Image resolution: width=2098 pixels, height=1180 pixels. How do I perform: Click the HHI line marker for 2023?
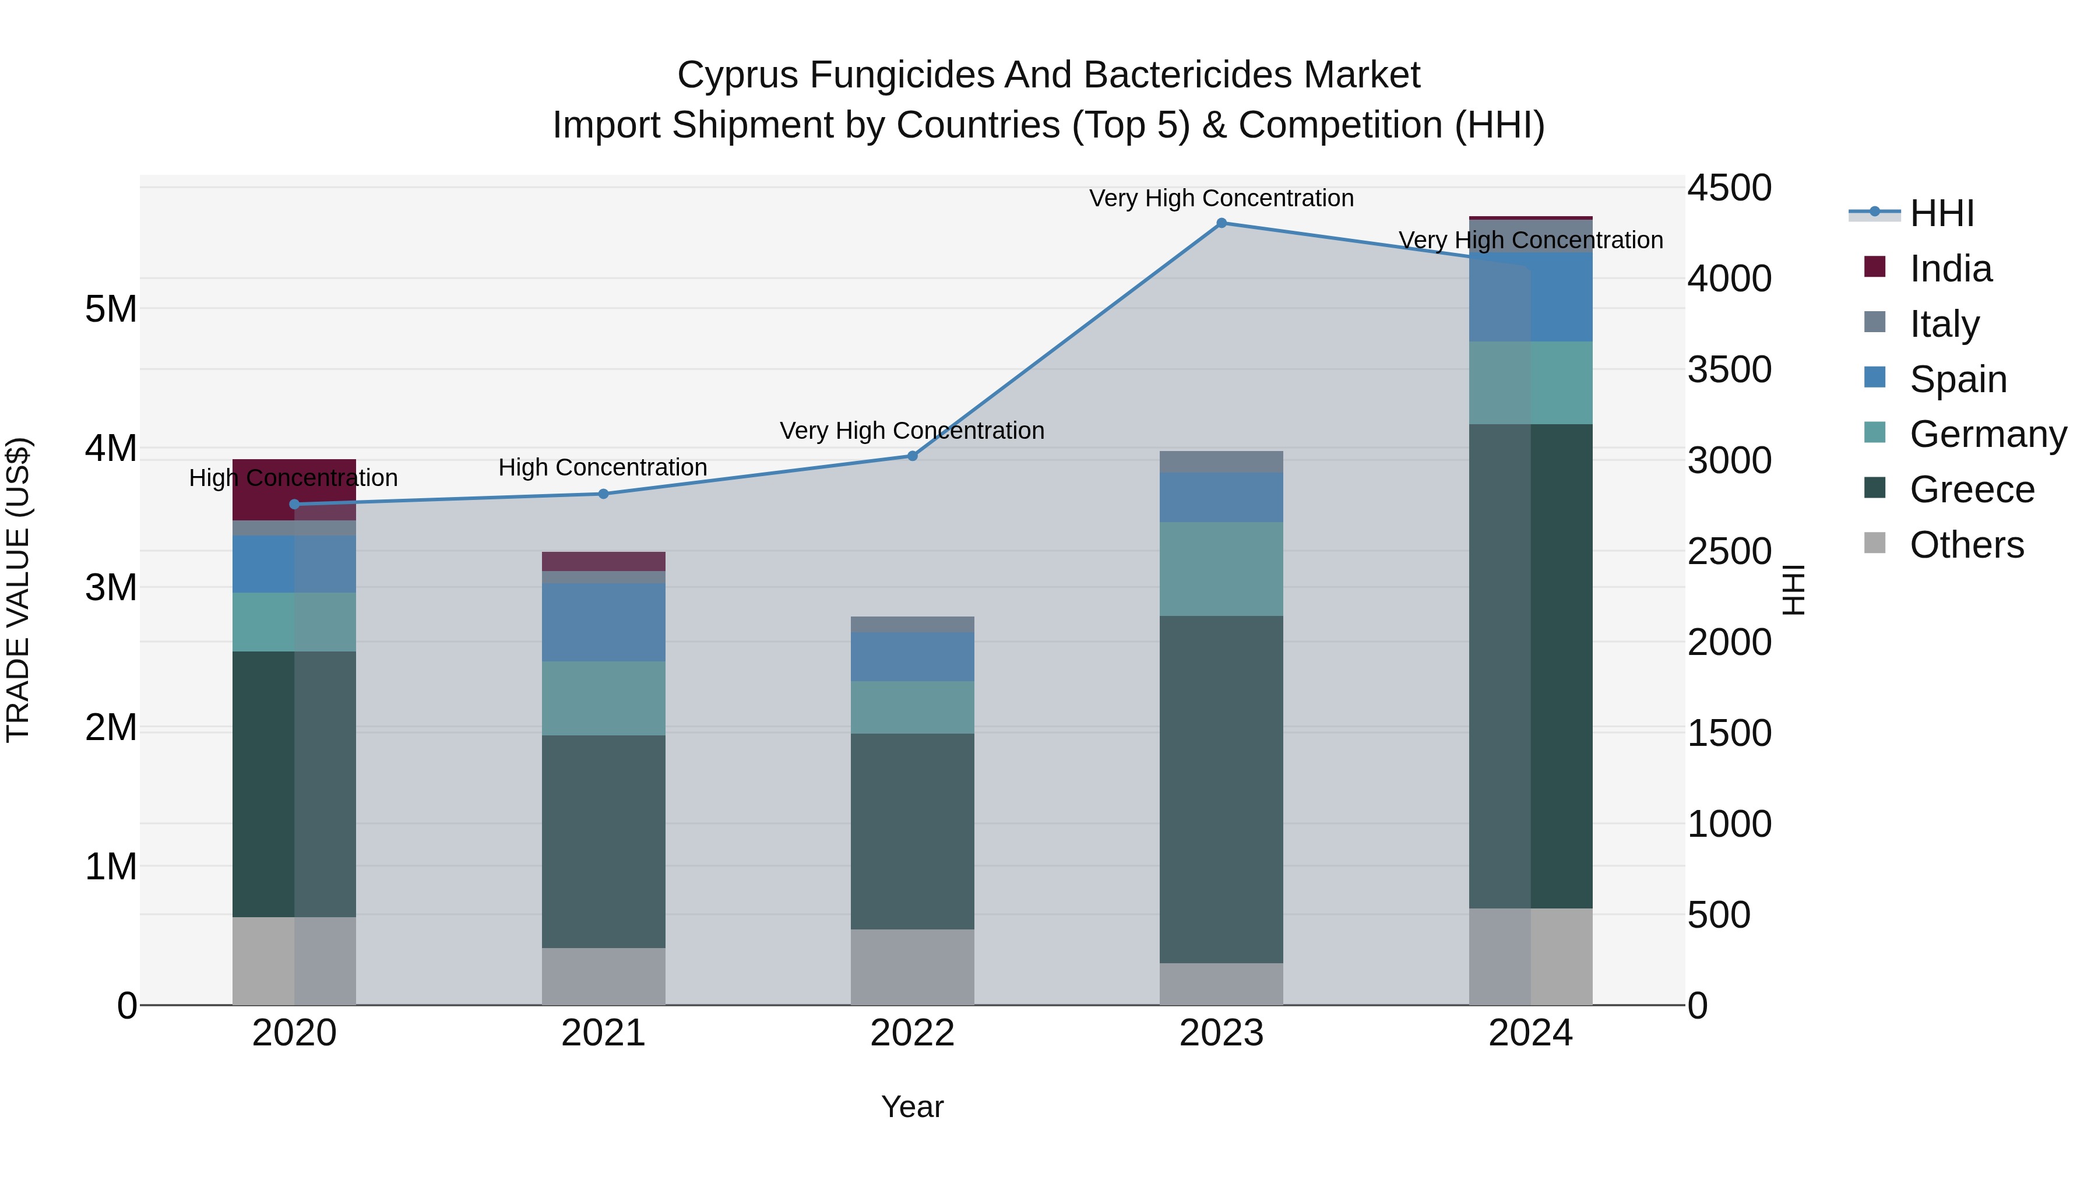pyautogui.click(x=1221, y=223)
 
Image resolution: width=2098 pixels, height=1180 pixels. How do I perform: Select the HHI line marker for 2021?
pyautogui.click(x=604, y=494)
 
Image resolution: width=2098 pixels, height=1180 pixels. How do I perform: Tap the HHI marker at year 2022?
pyautogui.click(x=912, y=456)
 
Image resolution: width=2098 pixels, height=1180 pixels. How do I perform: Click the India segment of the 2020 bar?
pyautogui.click(x=294, y=489)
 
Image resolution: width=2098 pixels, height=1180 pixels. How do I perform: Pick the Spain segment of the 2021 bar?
pyautogui.click(x=604, y=621)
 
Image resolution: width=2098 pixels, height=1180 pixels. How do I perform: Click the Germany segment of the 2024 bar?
pyautogui.click(x=1530, y=383)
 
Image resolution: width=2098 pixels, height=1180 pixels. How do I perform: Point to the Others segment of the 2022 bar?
pyautogui.click(x=912, y=967)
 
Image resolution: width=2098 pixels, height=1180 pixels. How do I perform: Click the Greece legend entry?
pyautogui.click(x=1971, y=489)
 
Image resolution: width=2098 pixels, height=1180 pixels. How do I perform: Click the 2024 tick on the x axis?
pyautogui.click(x=1530, y=1033)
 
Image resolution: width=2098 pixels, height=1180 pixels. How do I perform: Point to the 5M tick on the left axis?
pyautogui.click(x=111, y=309)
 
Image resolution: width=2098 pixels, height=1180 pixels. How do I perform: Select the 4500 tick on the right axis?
pyautogui.click(x=1729, y=188)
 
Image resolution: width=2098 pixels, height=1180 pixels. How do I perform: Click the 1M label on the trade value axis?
pyautogui.click(x=111, y=866)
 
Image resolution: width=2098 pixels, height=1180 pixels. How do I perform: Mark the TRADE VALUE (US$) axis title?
pyautogui.click(x=18, y=590)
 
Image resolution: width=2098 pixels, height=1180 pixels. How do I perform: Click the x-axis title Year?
pyautogui.click(x=912, y=1107)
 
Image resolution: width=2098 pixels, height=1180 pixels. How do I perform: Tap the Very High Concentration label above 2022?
pyautogui.click(x=911, y=431)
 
